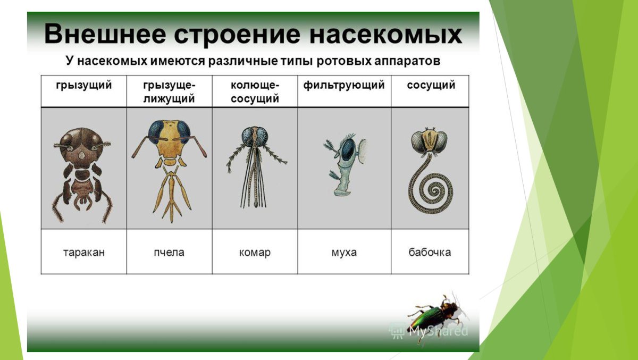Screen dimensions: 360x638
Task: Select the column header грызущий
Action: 83,85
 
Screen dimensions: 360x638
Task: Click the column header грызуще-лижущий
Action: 169,91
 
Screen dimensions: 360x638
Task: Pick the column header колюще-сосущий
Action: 255,91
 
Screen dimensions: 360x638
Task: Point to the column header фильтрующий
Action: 344,85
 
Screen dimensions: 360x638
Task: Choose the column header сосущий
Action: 431,85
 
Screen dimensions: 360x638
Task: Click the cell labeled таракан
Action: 83,252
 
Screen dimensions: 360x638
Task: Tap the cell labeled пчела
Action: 169,252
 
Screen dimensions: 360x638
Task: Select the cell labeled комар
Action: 255,252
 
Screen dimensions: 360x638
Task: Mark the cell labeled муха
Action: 344,252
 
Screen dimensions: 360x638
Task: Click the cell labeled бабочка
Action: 430,252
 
